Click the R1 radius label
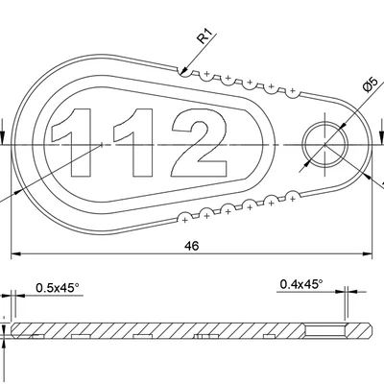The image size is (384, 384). [204, 37]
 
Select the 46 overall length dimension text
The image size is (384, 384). [191, 246]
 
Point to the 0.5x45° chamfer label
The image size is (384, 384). [60, 287]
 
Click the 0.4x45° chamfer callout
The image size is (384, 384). [300, 283]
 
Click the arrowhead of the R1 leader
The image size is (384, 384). [182, 69]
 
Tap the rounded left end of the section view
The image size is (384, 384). [13, 331]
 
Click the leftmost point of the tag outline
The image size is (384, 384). [13, 144]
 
